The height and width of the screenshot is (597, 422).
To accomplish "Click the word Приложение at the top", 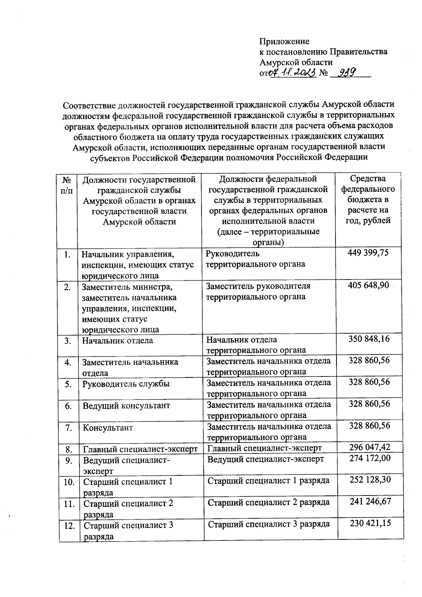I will click(284, 41).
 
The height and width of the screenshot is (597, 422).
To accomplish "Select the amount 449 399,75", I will click(368, 253).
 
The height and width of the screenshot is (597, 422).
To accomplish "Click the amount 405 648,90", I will click(368, 285).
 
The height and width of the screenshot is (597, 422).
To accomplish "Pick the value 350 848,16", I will click(369, 339).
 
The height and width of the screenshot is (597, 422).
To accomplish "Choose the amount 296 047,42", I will click(370, 447).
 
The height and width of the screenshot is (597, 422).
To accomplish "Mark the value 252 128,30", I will click(370, 480).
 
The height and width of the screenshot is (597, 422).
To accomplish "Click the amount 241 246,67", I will click(370, 501).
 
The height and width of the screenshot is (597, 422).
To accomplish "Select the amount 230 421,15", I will click(370, 523).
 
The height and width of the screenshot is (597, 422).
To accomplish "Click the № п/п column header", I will click(67, 185).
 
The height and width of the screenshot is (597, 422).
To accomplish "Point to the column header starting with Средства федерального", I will click(368, 199).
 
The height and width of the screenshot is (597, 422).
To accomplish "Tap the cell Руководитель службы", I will click(126, 384).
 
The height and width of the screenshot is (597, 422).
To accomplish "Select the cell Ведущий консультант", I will click(126, 406).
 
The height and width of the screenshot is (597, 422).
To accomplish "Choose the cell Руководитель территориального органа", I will click(255, 259).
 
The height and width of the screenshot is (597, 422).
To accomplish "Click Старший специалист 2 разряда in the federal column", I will click(269, 502).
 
